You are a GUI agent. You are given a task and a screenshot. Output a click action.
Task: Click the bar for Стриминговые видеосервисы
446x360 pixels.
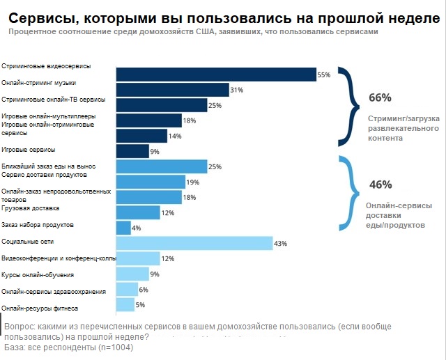(216, 75)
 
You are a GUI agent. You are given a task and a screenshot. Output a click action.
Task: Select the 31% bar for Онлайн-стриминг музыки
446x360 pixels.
(172, 90)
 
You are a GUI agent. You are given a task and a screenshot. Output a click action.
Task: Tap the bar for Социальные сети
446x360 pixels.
(194, 243)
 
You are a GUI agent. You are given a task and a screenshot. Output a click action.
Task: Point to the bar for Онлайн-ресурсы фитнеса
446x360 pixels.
(125, 304)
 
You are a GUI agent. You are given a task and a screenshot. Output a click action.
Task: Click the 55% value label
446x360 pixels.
(323, 75)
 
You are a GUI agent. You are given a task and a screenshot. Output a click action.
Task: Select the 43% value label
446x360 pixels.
(280, 243)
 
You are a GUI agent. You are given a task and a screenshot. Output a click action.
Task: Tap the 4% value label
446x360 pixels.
(137, 228)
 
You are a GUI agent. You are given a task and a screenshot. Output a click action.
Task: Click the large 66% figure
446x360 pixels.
(380, 97)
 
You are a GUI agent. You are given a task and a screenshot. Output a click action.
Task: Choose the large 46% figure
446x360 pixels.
(380, 185)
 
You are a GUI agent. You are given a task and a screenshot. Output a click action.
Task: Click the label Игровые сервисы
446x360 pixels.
(28, 150)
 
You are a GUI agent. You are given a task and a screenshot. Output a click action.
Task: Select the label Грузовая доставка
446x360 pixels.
(31, 208)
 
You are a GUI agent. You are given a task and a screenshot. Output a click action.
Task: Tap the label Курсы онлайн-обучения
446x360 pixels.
(38, 274)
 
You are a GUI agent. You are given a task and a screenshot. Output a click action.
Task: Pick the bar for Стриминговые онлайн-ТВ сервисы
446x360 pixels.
(162, 105)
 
